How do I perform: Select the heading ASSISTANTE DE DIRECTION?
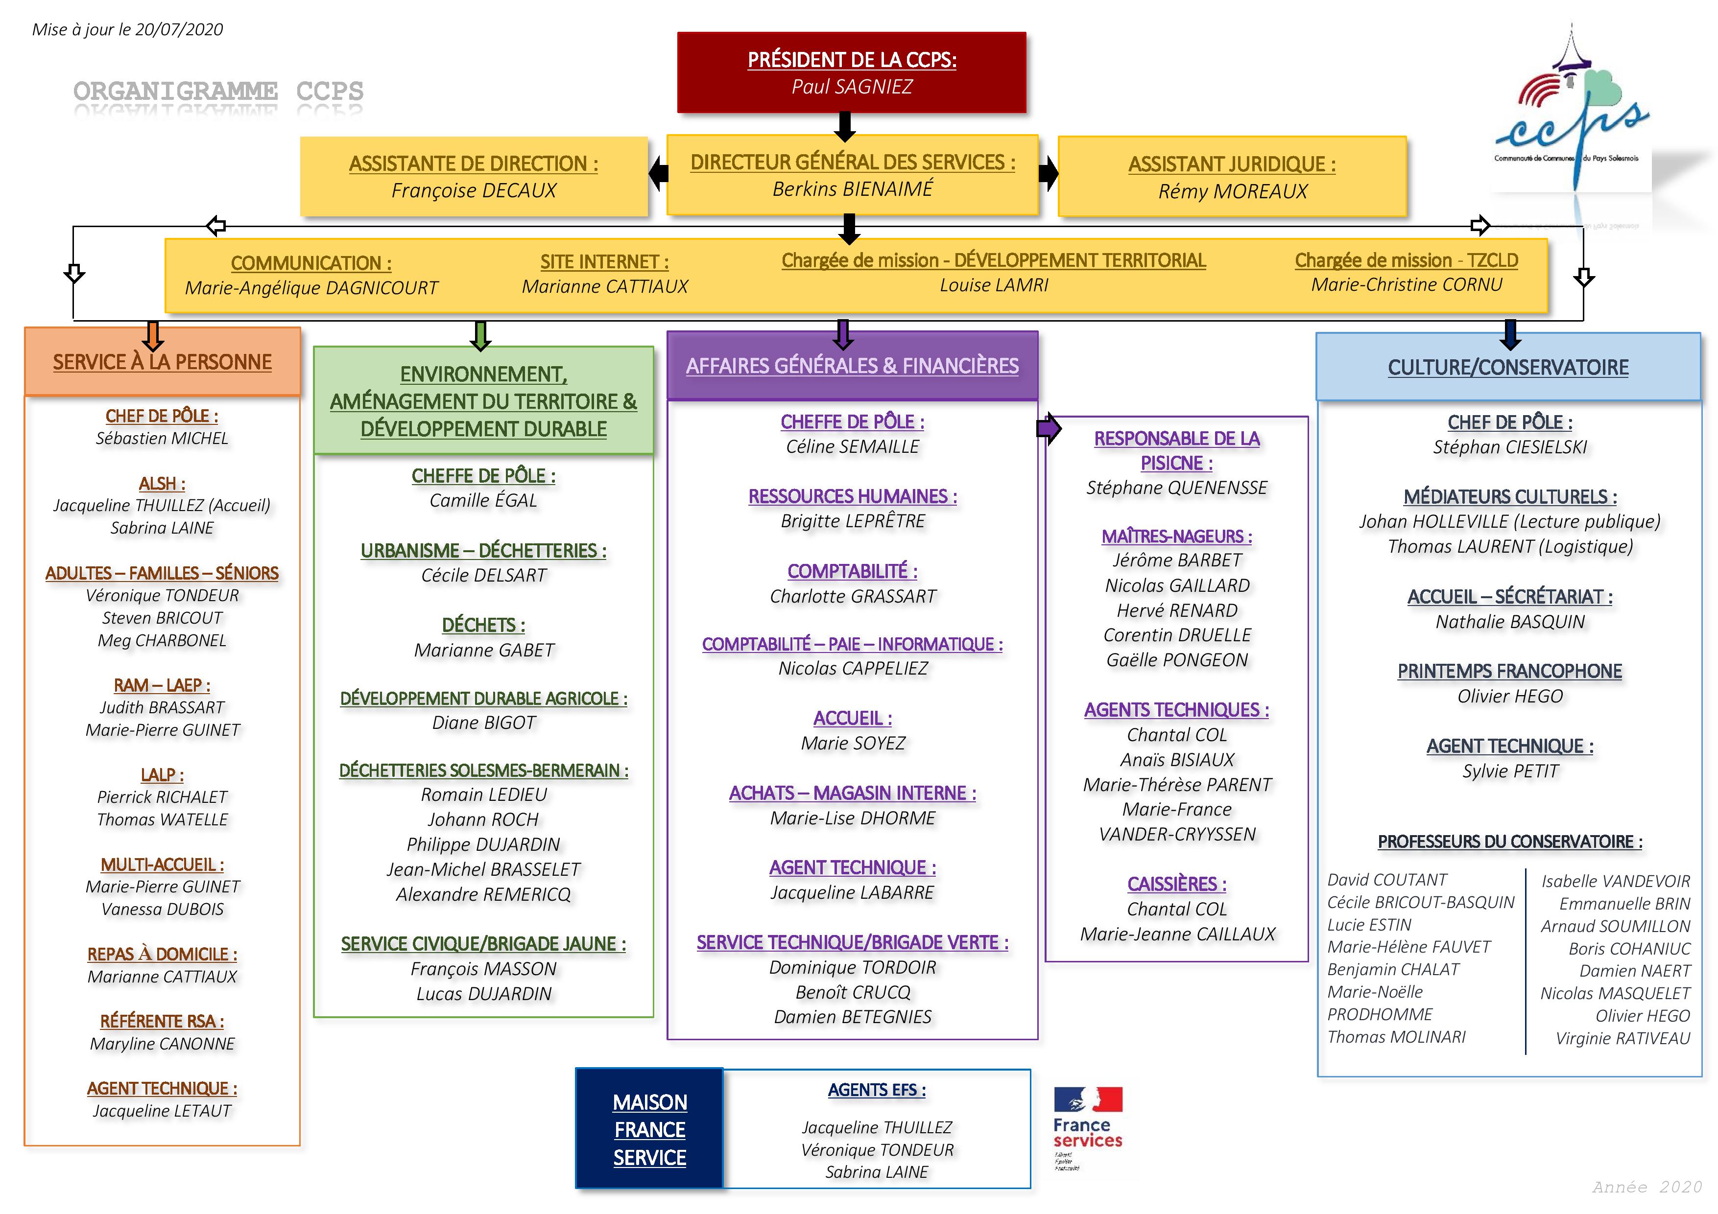[473, 164]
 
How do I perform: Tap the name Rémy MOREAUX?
[1232, 191]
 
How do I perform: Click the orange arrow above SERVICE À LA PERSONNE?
[153, 336]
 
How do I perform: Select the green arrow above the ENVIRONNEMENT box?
[480, 336]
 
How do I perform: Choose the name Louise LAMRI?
[994, 285]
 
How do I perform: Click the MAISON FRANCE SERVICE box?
[649, 1129]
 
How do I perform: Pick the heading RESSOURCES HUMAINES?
[852, 497]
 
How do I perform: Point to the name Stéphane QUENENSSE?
[1176, 488]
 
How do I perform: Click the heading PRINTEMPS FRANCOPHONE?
[1509, 671]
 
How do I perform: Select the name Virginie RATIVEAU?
[1622, 1038]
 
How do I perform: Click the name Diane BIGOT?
[483, 723]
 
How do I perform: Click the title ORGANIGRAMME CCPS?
[218, 91]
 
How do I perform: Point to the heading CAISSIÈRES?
[1176, 884]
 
